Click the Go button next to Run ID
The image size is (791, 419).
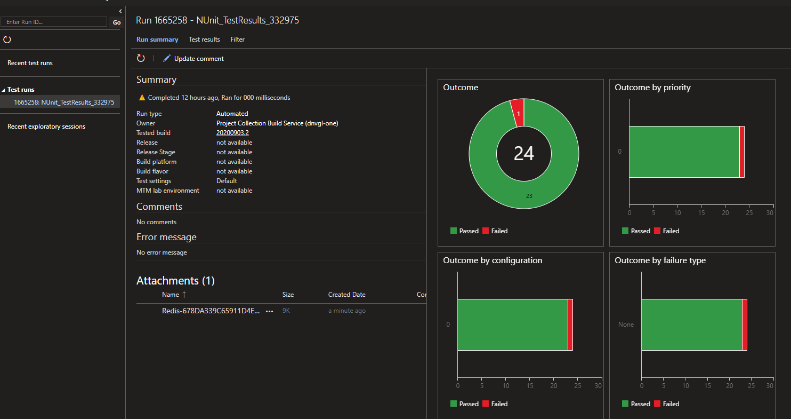(117, 22)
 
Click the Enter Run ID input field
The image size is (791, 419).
(54, 22)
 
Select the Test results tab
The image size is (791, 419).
(204, 39)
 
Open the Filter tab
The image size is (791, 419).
(238, 39)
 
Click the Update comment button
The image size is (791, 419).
(193, 59)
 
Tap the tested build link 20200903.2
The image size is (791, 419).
(232, 133)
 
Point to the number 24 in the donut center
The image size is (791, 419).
(523, 154)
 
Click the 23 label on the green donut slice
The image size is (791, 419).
(529, 196)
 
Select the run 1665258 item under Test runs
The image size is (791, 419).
(64, 102)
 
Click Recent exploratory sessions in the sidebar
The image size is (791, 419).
(46, 127)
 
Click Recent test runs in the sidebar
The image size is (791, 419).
(30, 63)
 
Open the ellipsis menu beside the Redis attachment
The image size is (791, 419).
(270, 311)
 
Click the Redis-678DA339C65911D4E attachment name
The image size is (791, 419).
(211, 311)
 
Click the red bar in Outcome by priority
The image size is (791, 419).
(742, 152)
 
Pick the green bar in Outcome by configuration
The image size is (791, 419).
(512, 325)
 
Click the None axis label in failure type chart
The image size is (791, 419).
(626, 325)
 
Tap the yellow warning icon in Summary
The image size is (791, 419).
(142, 98)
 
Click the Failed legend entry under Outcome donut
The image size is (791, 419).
(495, 231)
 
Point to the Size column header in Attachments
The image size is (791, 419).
(288, 295)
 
